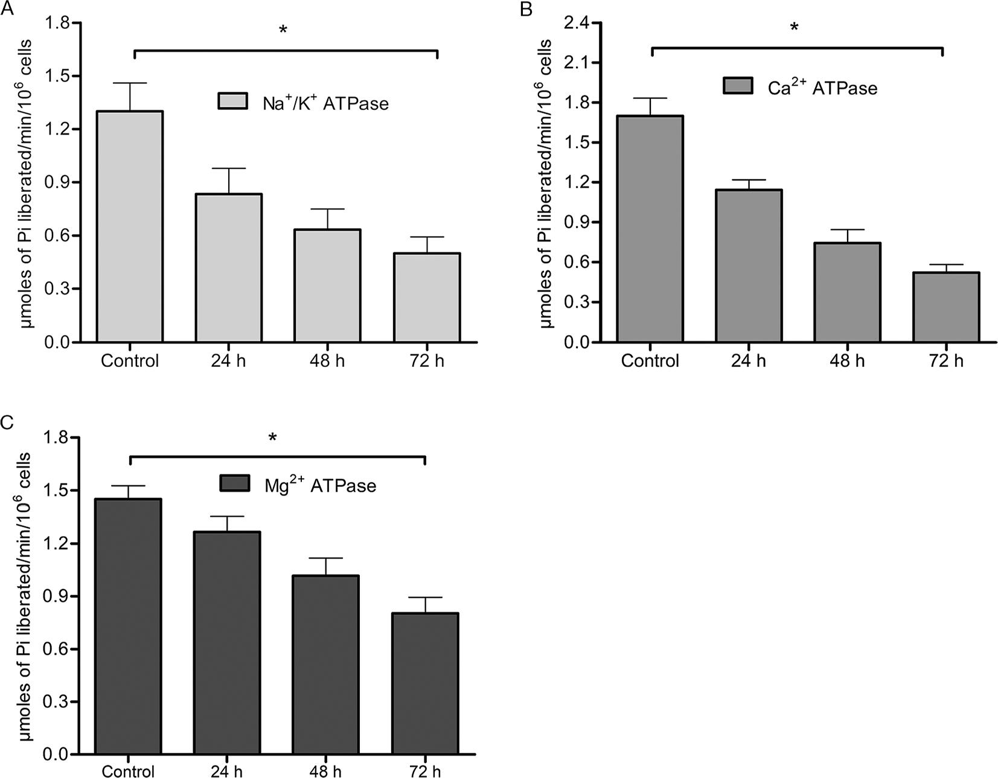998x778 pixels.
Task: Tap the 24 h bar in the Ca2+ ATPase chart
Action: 749,266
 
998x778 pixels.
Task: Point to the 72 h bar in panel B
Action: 946,307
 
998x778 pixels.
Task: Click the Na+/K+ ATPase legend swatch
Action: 232,101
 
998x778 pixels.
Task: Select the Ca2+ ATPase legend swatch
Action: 738,86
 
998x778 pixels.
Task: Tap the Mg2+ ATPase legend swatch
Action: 235,483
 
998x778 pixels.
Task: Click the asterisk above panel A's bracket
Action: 283,30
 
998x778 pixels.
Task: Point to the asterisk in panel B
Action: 795,28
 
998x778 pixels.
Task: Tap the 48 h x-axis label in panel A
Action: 327,361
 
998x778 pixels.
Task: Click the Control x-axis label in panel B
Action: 650,361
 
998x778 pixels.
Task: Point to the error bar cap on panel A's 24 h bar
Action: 229,168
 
